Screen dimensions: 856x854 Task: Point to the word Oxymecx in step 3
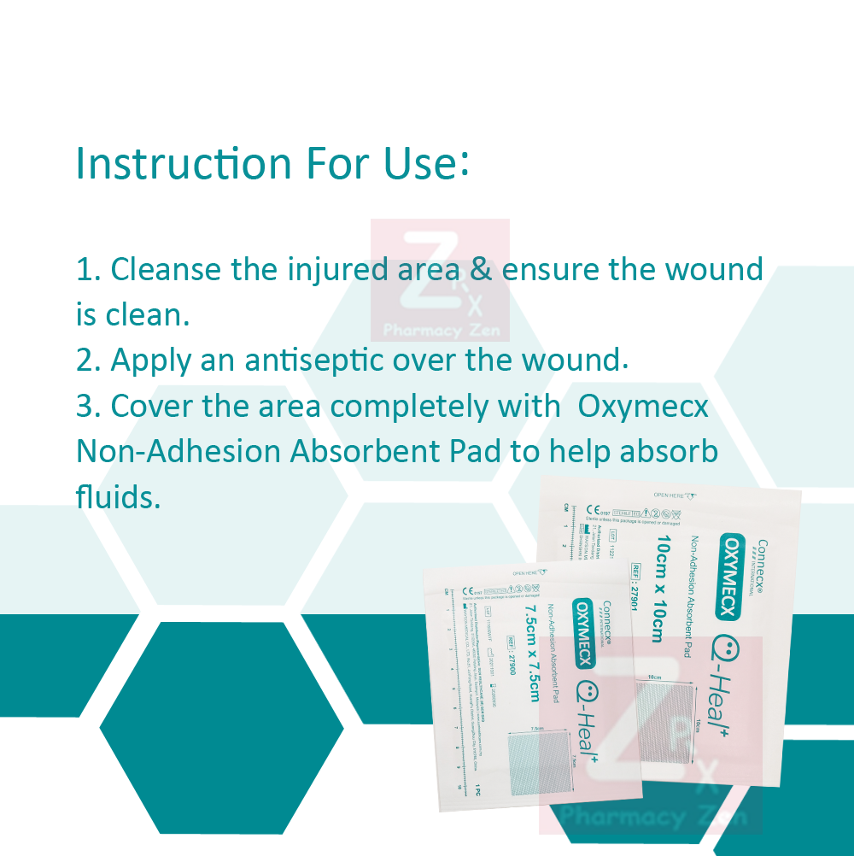pos(643,406)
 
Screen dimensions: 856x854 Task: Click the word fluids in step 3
pos(118,496)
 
